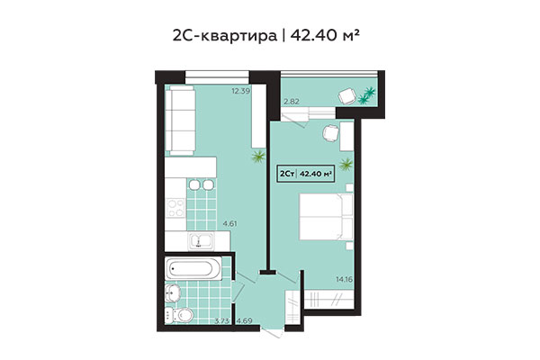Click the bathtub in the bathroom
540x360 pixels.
(193, 269)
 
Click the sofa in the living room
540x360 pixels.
(184, 120)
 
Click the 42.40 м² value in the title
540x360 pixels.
(331, 35)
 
